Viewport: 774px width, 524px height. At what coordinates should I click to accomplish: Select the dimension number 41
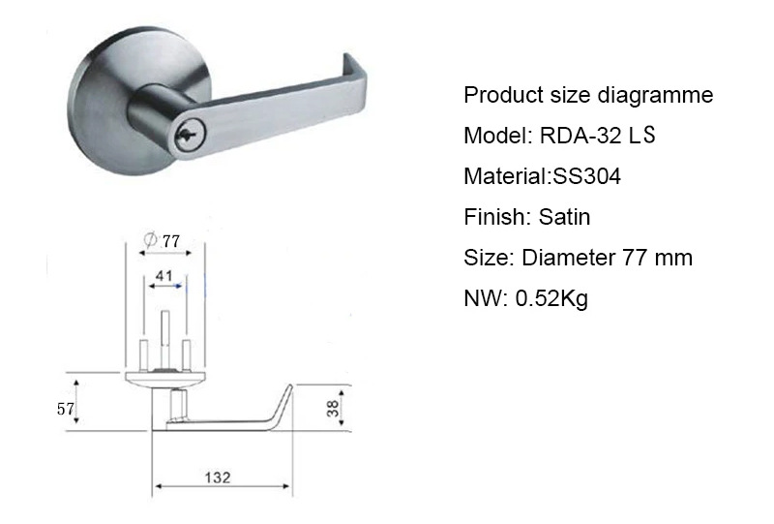pos(164,275)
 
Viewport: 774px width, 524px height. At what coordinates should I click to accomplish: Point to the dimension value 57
pos(65,409)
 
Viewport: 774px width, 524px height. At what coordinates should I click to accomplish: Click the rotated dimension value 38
pos(333,409)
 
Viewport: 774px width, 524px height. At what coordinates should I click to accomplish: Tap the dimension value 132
pos(218,478)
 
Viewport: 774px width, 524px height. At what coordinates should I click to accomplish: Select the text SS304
pos(587,176)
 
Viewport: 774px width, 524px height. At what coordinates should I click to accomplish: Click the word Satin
pos(564,217)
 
